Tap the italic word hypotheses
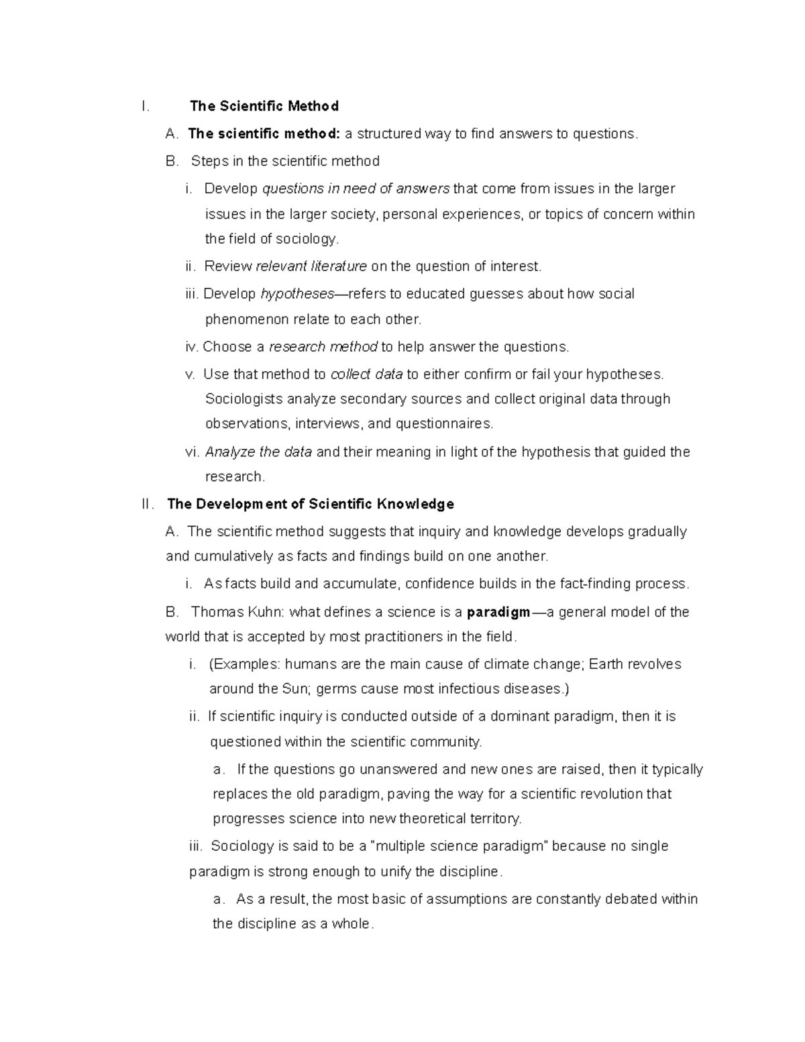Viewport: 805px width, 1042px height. (297, 294)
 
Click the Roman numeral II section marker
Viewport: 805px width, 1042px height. (148, 504)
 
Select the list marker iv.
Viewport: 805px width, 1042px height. (191, 347)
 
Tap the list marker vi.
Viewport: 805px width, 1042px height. (192, 452)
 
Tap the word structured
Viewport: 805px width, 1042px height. (388, 134)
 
